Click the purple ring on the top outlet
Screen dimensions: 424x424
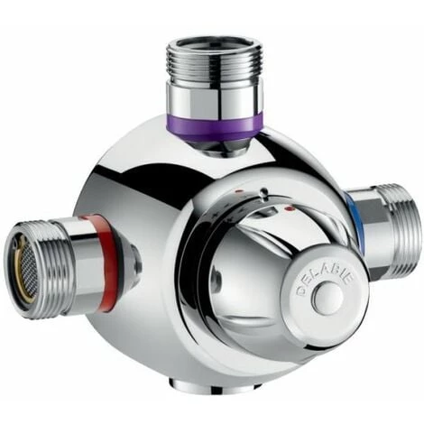[215, 125]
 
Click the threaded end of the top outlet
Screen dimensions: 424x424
[215, 62]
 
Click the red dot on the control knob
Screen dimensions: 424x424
[290, 208]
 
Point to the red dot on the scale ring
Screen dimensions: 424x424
[239, 191]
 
